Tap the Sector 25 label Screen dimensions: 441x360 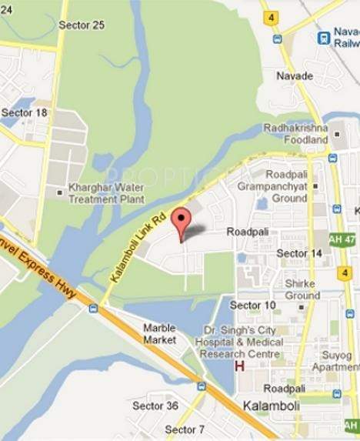[82, 25]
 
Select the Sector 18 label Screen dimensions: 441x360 [25, 112]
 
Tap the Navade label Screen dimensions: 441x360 [295, 76]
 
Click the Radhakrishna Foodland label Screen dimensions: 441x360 [296, 134]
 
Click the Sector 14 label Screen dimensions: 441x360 [299, 253]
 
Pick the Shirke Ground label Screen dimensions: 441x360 [302, 289]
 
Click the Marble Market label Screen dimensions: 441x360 [160, 333]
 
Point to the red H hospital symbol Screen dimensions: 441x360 [239, 367]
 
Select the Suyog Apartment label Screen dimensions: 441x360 [336, 362]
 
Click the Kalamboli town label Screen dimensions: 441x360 [265, 405]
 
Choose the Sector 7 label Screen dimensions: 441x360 [185, 429]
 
